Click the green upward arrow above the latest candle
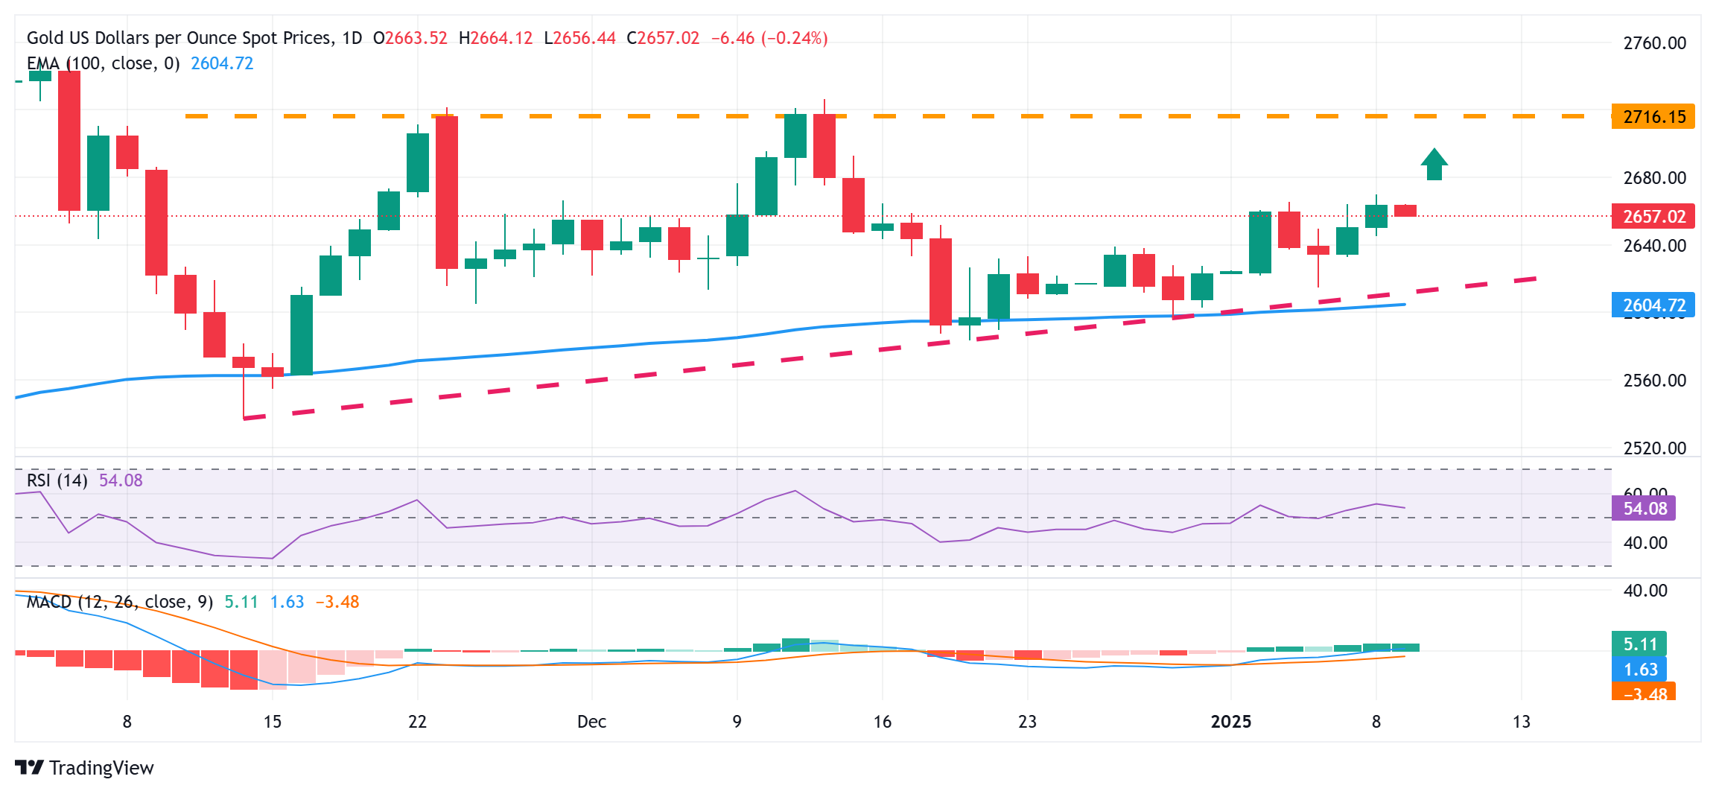(1434, 165)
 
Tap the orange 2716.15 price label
(1653, 117)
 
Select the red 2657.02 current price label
(1653, 217)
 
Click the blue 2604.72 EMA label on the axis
(1653, 305)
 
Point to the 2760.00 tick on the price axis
(1654, 43)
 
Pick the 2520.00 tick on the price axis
(1654, 448)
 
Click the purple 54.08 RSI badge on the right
(1644, 509)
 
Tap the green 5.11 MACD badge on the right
(1639, 644)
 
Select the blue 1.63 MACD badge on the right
(1639, 670)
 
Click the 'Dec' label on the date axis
(591, 722)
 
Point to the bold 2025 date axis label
(1231, 722)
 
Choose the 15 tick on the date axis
(273, 722)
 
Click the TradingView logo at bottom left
(84, 768)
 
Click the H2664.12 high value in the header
(495, 38)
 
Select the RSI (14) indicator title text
(57, 480)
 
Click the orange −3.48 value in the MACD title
(337, 602)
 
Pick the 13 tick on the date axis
(1522, 722)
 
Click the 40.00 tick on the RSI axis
(1644, 543)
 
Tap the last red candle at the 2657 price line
(1405, 211)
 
